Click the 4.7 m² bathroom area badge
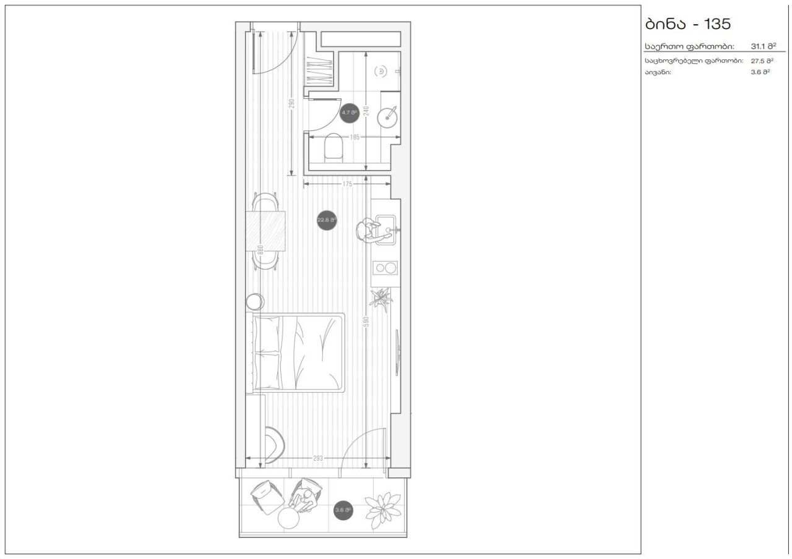[x=350, y=113]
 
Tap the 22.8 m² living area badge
[x=327, y=220]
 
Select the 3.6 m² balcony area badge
[x=343, y=510]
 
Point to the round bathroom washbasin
[x=390, y=116]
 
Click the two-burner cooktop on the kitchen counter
[x=385, y=268]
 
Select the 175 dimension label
[x=346, y=184]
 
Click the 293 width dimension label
[x=318, y=458]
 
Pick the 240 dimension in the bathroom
[x=366, y=111]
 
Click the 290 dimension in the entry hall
[x=291, y=104]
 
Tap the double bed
[x=298, y=352]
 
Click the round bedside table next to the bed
[x=254, y=302]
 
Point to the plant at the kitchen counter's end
[x=381, y=297]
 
